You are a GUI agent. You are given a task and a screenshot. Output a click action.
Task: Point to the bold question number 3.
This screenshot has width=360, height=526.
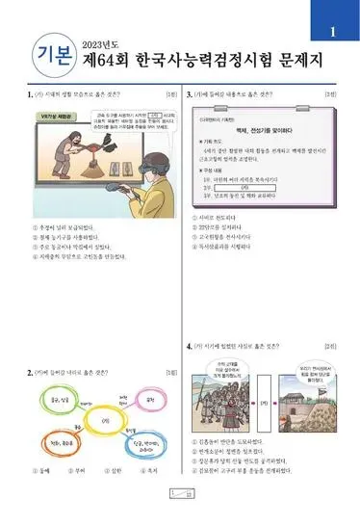[188, 94]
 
